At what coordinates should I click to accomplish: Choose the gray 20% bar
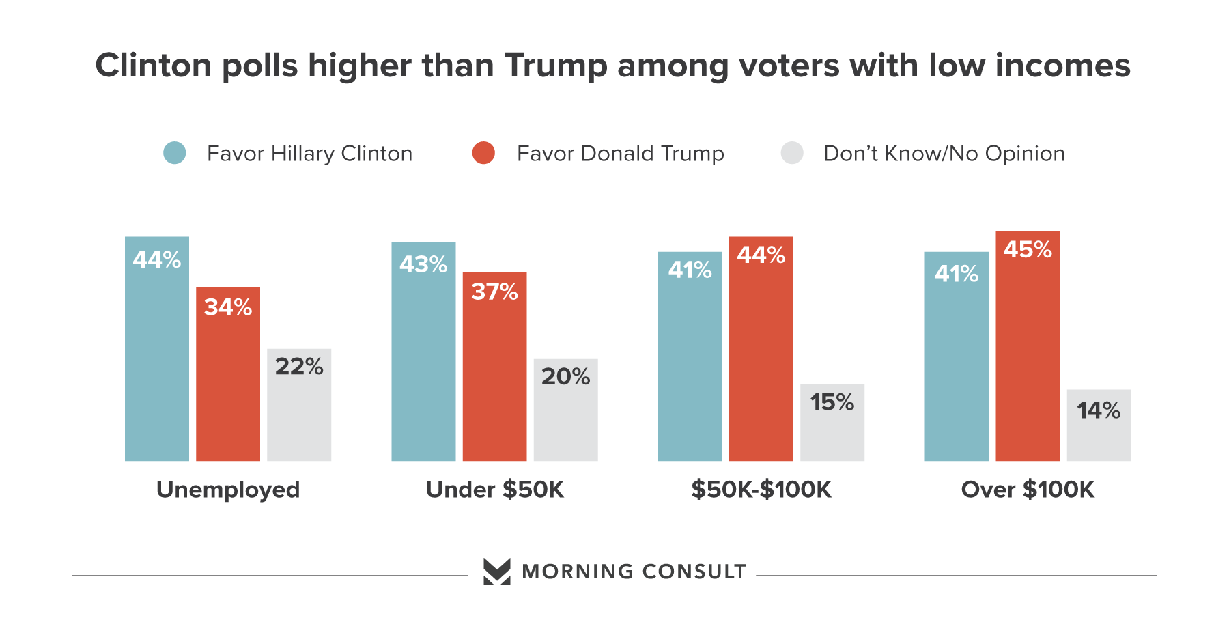[565, 410]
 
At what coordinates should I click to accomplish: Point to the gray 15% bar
[832, 423]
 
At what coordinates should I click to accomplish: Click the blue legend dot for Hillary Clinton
[175, 153]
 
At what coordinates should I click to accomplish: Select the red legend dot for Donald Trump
[483, 153]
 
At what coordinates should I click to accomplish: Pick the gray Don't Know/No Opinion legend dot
[792, 153]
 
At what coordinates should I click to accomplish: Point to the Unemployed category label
[228, 490]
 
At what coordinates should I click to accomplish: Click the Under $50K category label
[495, 490]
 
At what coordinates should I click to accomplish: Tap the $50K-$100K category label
[761, 490]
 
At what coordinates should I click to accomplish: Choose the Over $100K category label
[1028, 490]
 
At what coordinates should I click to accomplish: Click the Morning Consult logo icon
[496, 572]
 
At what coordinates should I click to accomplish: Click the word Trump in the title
[556, 66]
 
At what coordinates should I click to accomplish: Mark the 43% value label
[423, 264]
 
